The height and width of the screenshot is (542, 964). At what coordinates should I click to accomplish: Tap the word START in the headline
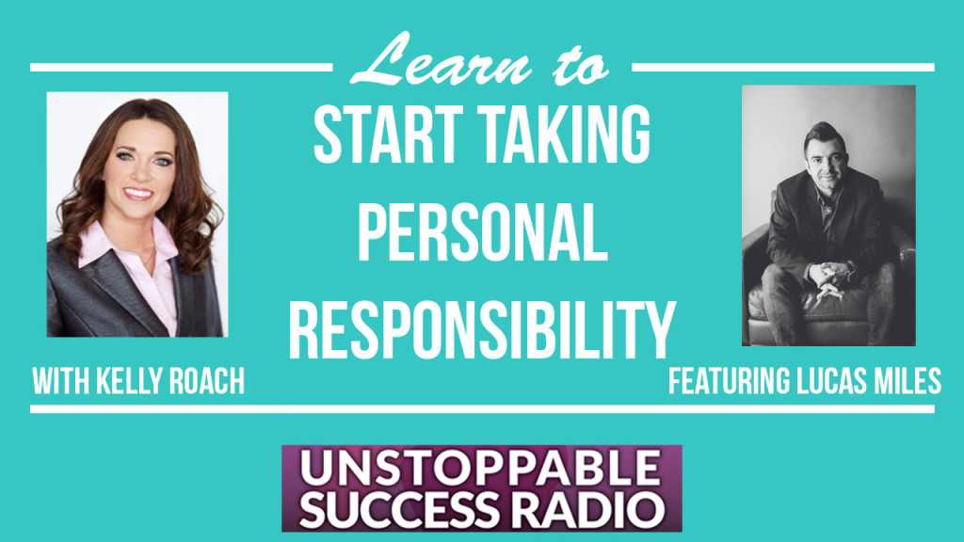point(389,135)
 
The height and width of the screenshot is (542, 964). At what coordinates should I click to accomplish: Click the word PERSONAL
point(483,233)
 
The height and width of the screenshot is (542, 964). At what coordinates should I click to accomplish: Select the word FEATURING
point(730,381)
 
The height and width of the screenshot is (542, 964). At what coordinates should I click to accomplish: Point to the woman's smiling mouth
point(137,194)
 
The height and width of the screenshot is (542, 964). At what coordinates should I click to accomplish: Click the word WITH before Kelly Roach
point(61,381)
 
